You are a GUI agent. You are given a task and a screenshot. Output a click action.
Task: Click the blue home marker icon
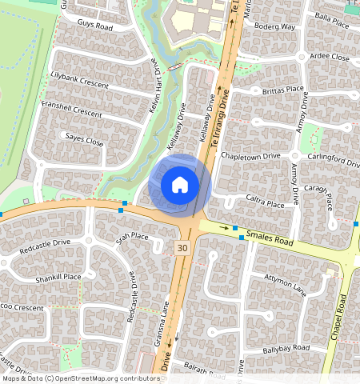(180, 185)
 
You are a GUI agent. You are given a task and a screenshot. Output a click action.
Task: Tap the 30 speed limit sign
(182, 248)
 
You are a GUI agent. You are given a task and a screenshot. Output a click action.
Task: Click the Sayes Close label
(85, 141)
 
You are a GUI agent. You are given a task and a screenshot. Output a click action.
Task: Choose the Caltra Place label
(265, 204)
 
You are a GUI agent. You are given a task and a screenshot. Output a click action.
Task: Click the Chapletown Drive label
(250, 155)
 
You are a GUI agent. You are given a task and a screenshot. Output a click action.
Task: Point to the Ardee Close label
(329, 58)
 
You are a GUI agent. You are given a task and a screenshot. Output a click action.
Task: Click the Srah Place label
(132, 237)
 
